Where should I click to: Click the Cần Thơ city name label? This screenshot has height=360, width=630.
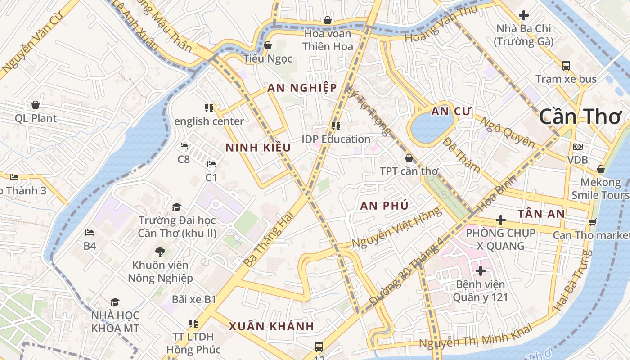580,117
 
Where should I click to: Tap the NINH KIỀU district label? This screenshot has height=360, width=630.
258,148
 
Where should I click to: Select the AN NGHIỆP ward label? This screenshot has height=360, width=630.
302,88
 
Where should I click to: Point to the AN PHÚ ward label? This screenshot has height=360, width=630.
384,206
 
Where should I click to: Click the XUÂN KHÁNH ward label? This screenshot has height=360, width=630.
271,326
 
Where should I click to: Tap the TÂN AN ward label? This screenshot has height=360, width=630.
541,214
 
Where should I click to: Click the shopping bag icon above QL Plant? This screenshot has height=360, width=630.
36,105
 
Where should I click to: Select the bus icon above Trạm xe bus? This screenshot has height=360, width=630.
566,66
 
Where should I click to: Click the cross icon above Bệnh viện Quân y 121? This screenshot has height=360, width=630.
480,271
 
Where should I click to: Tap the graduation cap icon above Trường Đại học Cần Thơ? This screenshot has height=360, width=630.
176,207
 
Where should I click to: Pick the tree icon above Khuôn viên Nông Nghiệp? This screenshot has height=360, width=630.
160,252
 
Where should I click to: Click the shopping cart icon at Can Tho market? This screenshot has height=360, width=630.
593,222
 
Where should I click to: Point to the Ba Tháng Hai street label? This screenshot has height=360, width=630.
268,239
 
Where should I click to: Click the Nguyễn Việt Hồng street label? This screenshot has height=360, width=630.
396,228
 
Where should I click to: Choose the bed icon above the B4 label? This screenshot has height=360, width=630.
90,232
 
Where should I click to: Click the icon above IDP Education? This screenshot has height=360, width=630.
336,126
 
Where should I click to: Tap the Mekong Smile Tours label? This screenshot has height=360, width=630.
600,189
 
